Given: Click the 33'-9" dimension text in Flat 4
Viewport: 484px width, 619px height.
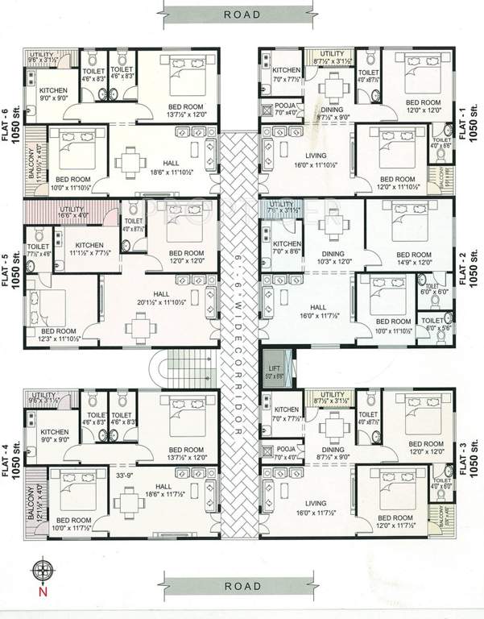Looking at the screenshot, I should click(x=126, y=475).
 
